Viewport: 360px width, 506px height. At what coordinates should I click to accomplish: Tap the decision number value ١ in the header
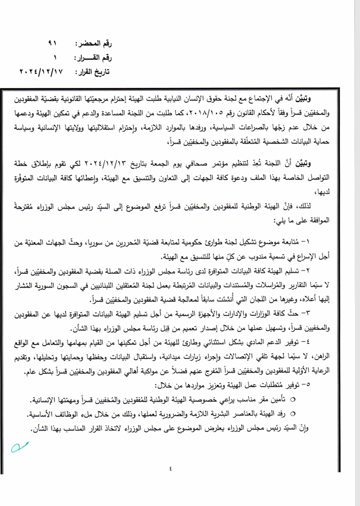pos(56,58)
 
